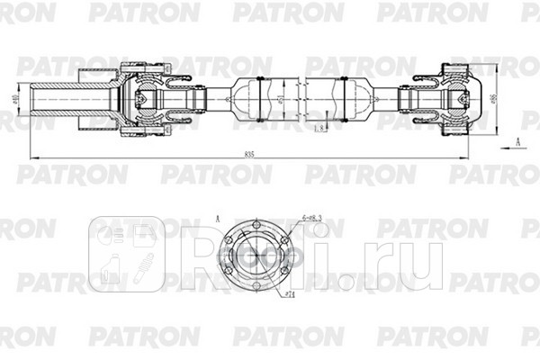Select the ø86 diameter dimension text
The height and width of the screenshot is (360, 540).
pyautogui.click(x=496, y=96)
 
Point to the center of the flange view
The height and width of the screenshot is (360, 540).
pyautogui.click(x=256, y=257)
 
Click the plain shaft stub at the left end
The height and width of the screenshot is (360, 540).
pyautogui.click(x=54, y=95)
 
